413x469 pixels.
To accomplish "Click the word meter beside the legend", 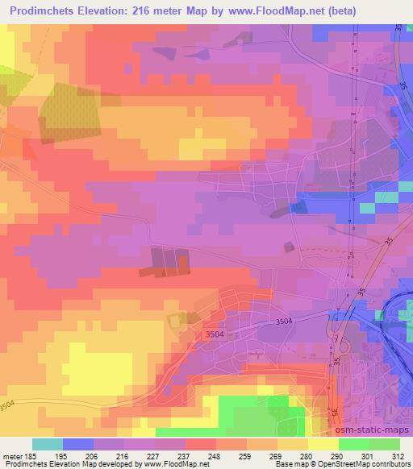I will [x=12, y=456].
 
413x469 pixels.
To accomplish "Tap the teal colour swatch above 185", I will [x=48, y=444].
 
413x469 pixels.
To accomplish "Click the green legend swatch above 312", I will [x=384, y=444].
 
